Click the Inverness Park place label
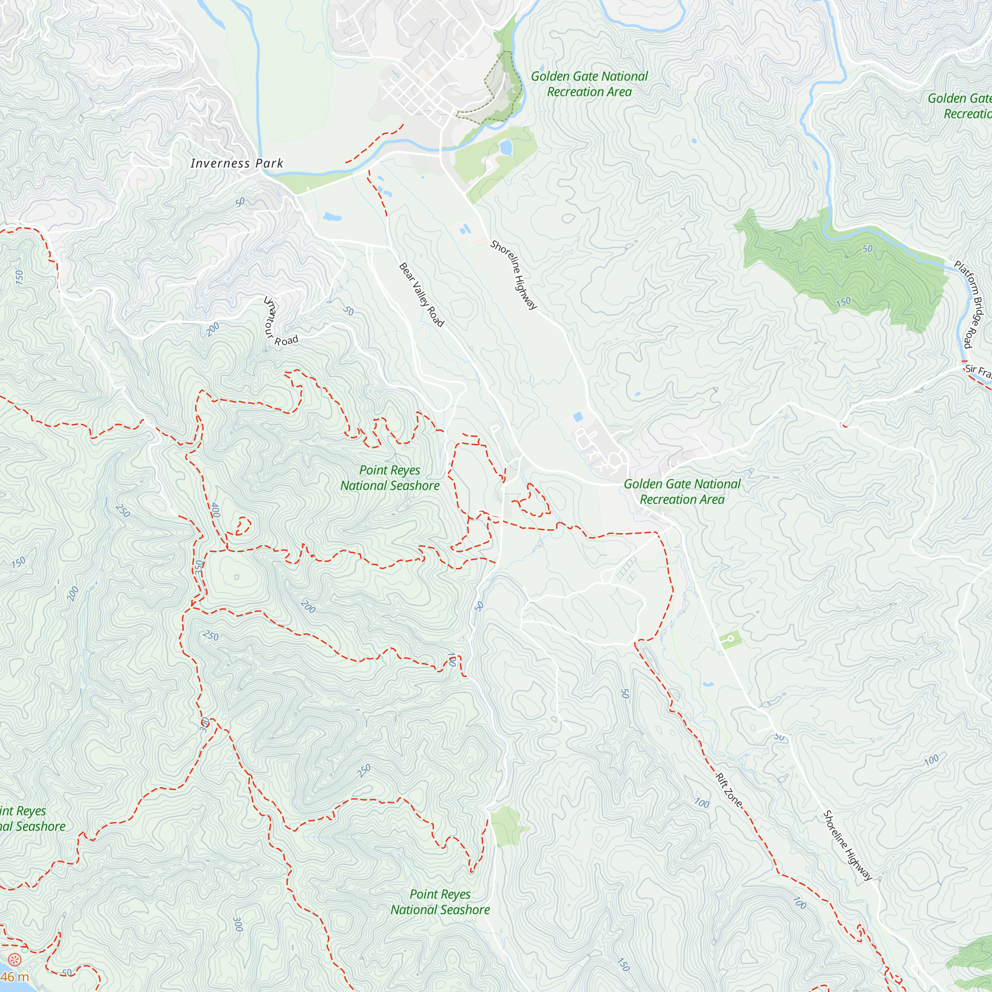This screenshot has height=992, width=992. [x=237, y=163]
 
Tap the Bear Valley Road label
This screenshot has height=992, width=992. [x=421, y=295]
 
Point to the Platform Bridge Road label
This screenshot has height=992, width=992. [x=971, y=304]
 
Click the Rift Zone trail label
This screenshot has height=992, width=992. [x=729, y=790]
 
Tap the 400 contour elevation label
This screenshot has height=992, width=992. [x=216, y=510]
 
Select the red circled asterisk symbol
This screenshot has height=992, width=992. [x=15, y=959]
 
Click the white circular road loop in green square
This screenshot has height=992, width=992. [x=730, y=639]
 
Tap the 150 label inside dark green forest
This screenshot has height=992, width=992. [x=843, y=302]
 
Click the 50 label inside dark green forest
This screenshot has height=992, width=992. [x=867, y=249]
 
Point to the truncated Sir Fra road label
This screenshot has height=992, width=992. [x=978, y=370]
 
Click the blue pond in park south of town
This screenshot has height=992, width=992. [x=506, y=148]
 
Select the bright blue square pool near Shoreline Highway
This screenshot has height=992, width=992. [x=578, y=416]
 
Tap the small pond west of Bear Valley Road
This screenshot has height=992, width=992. [x=332, y=217]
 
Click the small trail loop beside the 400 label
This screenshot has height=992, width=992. [x=243, y=526]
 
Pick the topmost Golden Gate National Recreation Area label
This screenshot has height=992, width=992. [x=589, y=84]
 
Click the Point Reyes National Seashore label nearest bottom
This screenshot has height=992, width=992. [x=440, y=902]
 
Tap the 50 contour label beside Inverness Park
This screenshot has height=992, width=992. [x=240, y=202]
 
